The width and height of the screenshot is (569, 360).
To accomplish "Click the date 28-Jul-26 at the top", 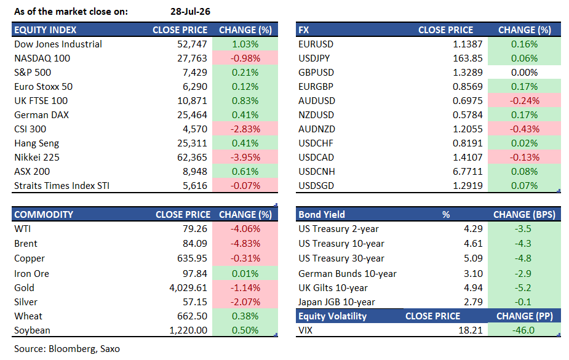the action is point(190,12).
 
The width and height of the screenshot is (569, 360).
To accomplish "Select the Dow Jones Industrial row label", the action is point(58,44).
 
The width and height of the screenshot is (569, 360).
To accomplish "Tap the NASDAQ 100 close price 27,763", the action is point(192,58).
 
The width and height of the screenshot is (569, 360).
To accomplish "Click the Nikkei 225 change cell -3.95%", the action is point(245,158).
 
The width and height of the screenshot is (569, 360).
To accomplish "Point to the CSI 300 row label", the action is point(30,129).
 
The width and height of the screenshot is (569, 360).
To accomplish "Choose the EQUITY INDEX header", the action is point(46,30).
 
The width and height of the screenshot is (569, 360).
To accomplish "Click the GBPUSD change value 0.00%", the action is point(524,73).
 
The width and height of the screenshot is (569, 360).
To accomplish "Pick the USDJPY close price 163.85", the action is point(468,58).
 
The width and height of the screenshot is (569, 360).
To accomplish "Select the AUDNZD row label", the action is point(317,129).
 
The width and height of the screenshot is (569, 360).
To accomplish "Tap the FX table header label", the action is point(304,30).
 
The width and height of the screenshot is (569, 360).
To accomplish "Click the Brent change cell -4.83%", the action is point(245,244).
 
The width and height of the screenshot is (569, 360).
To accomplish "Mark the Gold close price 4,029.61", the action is point(188,288).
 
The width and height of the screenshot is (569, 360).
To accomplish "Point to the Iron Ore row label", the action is point(31,274).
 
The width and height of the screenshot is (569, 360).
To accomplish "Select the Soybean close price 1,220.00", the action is point(188,330).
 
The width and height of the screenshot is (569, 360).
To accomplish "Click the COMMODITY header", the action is point(44,215).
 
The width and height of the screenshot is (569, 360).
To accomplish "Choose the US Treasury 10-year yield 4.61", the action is point(473,244).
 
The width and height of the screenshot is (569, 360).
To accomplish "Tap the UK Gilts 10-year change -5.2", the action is point(523,288).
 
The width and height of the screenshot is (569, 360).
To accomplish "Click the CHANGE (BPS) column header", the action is point(524,215).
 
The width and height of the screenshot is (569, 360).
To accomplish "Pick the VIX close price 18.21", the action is point(471,330).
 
